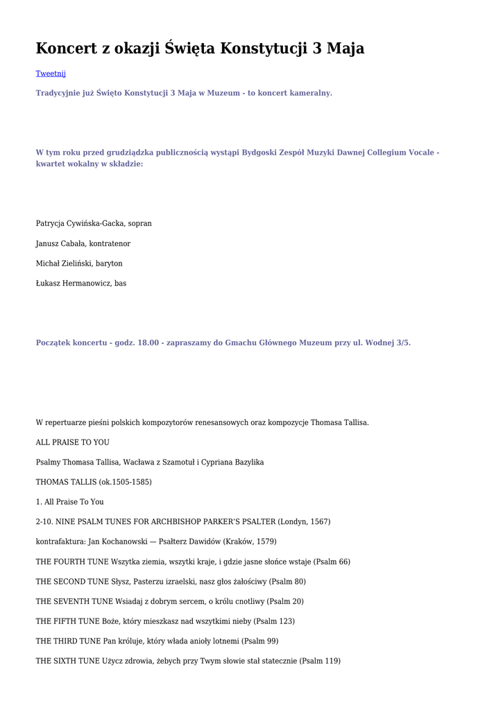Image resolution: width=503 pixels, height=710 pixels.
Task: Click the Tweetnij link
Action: point(51,73)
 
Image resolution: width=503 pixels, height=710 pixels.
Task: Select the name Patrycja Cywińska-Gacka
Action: point(80,223)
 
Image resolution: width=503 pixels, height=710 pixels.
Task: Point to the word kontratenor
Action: point(110,243)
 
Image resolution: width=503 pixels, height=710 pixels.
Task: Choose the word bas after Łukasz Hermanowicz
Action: point(121,283)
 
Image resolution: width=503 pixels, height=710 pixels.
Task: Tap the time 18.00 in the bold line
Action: point(148,343)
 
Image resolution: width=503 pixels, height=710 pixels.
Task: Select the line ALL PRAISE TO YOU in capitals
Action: point(72,442)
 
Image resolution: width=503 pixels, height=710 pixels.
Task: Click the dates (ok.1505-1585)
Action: point(126,482)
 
